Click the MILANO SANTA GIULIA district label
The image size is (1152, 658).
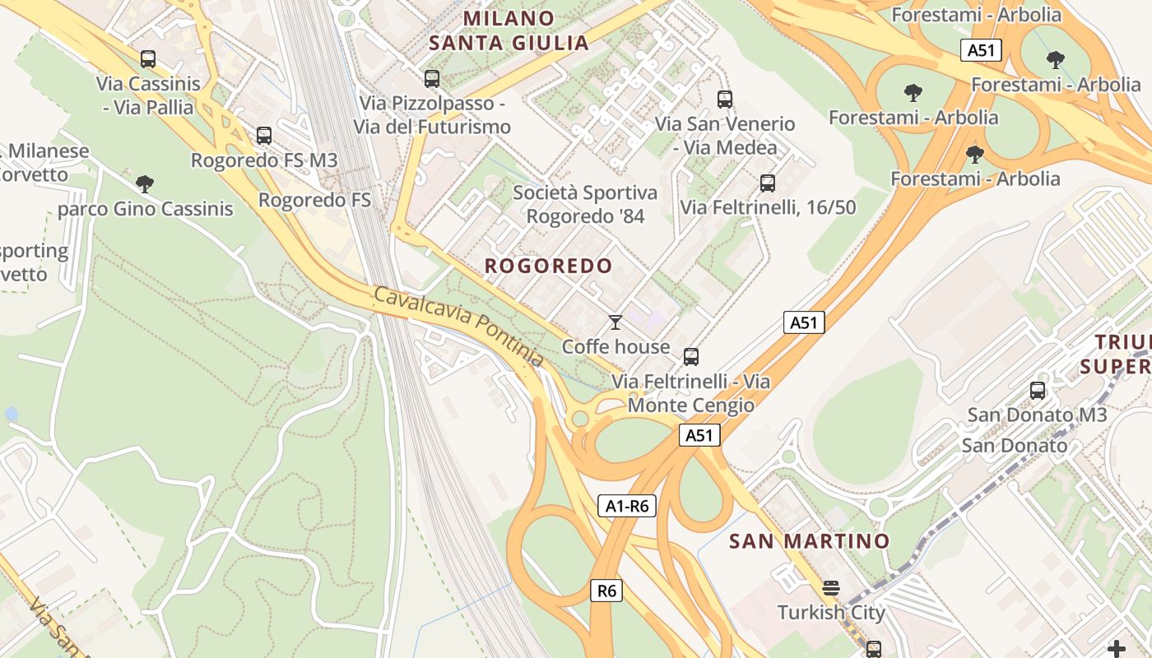click(509, 30)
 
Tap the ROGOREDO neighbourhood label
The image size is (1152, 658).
click(548, 266)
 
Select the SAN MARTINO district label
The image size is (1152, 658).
click(810, 541)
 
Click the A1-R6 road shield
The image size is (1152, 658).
click(627, 507)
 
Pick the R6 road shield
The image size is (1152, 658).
click(606, 591)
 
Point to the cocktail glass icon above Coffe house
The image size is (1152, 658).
click(615, 322)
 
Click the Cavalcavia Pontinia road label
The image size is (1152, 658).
click(458, 327)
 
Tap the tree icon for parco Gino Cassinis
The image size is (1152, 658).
click(145, 183)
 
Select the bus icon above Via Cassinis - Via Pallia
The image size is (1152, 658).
click(148, 59)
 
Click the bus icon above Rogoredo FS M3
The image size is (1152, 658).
click(264, 136)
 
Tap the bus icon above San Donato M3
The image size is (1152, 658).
click(1038, 391)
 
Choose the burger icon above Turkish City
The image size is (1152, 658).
click(831, 588)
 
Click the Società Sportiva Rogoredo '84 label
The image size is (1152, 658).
click(585, 205)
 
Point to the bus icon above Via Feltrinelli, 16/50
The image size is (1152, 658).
click(768, 183)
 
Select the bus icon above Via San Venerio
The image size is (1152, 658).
click(725, 100)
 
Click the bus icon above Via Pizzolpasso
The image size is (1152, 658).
click(432, 79)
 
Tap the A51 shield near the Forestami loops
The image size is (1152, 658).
click(981, 50)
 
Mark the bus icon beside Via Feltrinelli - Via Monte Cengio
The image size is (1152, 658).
click(691, 357)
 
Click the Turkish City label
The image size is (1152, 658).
click(831, 613)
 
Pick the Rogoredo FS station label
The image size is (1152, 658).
click(314, 200)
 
